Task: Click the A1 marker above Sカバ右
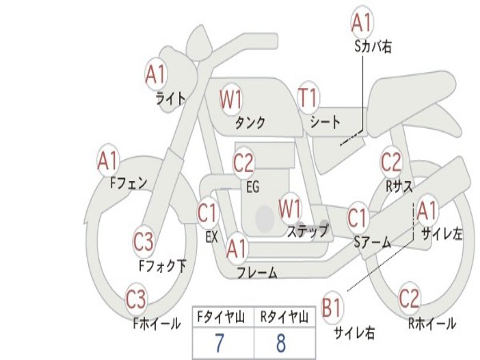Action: click(362, 22)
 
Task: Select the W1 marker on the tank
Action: click(231, 99)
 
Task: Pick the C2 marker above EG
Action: click(244, 162)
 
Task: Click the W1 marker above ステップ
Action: click(290, 208)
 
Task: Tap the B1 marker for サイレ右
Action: click(332, 307)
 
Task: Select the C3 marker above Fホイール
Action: click(136, 299)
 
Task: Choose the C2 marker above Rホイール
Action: click(409, 298)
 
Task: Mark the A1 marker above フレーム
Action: click(237, 248)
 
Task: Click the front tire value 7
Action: click(219, 343)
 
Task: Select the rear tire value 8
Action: click(281, 343)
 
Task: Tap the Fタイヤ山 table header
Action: click(221, 317)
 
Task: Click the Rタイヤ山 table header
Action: click(285, 317)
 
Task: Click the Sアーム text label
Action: click(373, 242)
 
